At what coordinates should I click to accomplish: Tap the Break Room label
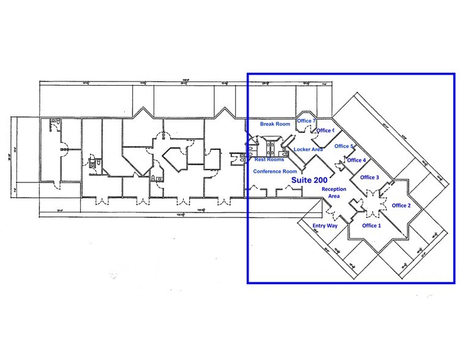coord(275,124)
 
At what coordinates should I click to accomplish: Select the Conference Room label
coord(275,171)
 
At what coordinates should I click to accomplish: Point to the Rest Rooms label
coord(269,159)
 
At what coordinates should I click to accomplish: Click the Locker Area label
coord(308,149)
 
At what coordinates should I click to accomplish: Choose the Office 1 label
coord(371,226)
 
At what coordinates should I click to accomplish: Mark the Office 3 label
coord(369,178)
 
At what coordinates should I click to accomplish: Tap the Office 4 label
coord(356,160)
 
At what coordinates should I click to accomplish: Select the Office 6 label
coord(325,130)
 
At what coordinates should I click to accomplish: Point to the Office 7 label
coord(306,121)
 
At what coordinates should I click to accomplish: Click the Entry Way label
coord(325,226)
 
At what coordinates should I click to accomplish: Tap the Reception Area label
coord(334,193)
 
